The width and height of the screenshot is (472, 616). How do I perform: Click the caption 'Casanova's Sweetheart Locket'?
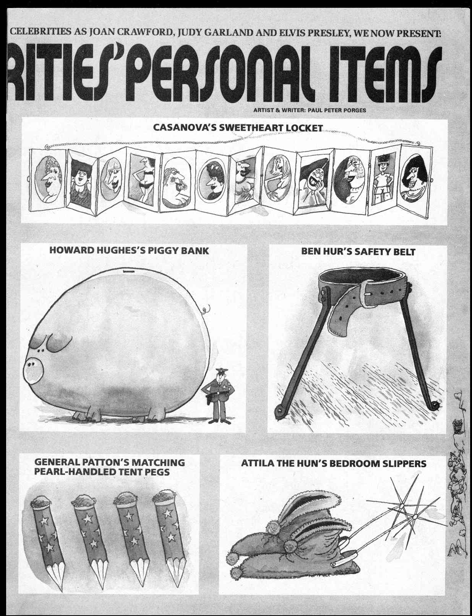(238, 128)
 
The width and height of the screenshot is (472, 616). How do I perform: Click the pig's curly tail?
(206, 309)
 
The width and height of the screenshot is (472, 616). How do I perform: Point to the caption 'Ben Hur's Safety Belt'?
(358, 251)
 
